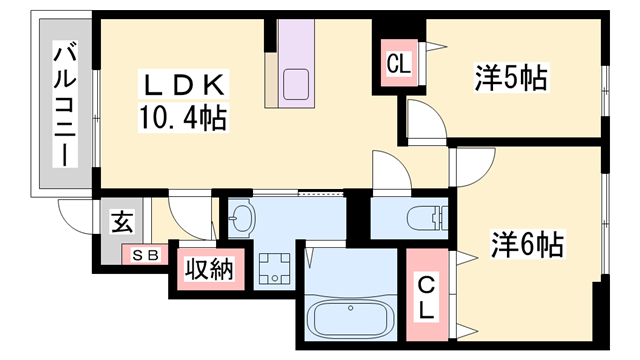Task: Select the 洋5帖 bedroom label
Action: (x=510, y=78)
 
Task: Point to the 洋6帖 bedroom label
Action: (x=525, y=243)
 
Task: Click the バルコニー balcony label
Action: (x=65, y=105)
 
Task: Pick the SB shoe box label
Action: (x=146, y=255)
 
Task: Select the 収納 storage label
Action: (x=209, y=269)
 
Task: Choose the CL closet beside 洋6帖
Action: (x=427, y=296)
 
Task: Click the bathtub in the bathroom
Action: (x=350, y=319)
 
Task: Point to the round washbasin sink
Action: (x=243, y=217)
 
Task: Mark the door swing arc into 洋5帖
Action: (x=426, y=124)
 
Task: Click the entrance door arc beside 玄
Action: (x=75, y=214)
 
